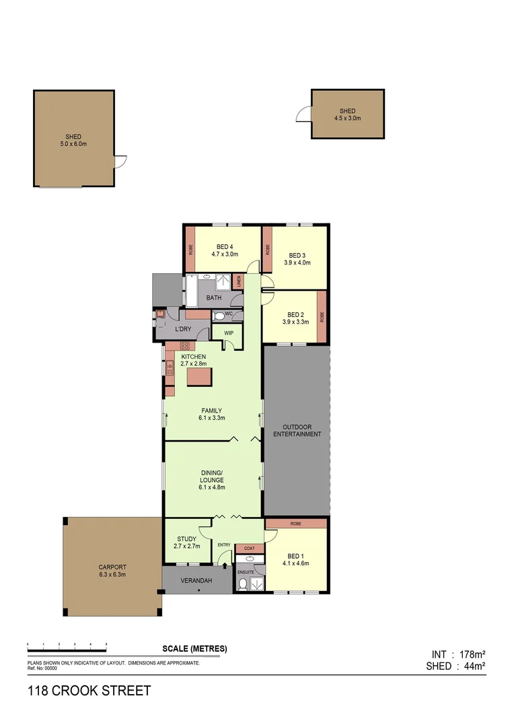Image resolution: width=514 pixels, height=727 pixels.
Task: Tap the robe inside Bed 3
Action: coord(267,248)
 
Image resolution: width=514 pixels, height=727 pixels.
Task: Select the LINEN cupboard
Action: coord(239,282)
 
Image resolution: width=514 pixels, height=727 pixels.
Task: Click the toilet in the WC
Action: coord(219,316)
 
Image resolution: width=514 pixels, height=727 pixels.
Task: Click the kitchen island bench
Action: coord(199,376)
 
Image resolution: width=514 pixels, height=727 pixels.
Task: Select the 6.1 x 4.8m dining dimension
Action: coord(211,487)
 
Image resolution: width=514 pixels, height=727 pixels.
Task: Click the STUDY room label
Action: coord(186,539)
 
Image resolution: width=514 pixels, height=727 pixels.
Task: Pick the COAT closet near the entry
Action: coord(249,549)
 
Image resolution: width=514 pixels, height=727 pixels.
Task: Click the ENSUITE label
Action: coord(246,572)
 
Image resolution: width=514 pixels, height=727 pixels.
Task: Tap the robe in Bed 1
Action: coord(295,524)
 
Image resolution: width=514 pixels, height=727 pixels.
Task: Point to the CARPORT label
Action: coord(112,567)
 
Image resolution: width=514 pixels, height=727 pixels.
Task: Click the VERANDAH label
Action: coord(198,580)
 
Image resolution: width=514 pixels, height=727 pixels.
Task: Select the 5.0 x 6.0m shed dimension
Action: coord(74,144)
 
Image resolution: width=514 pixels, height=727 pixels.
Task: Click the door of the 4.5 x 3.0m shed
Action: coord(303,115)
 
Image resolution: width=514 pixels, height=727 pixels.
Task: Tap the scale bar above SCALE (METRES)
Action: coord(67,645)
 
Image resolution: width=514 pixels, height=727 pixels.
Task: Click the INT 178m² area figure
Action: coord(458,654)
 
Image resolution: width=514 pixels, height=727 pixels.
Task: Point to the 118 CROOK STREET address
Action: coord(89,691)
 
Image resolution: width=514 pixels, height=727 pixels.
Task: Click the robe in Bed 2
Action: coord(322,316)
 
